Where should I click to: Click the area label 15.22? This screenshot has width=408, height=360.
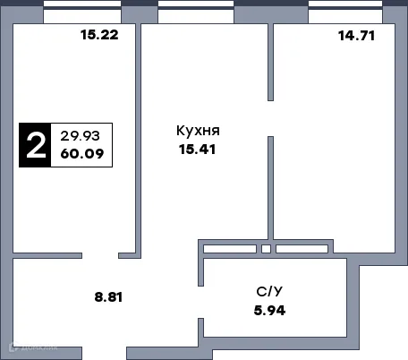[98, 36]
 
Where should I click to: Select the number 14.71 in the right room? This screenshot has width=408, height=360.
[355, 37]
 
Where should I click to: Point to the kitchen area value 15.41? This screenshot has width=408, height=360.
[198, 149]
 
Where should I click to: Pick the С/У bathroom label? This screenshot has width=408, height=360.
[269, 293]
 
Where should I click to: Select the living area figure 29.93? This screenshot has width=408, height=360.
[80, 135]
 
